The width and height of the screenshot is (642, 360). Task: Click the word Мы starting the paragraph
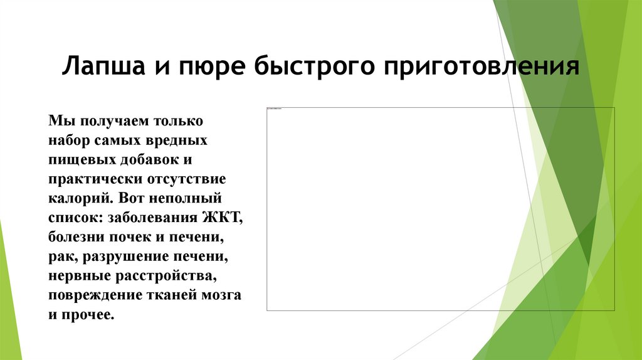(57, 119)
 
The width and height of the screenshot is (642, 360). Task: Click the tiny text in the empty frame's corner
(275, 109)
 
